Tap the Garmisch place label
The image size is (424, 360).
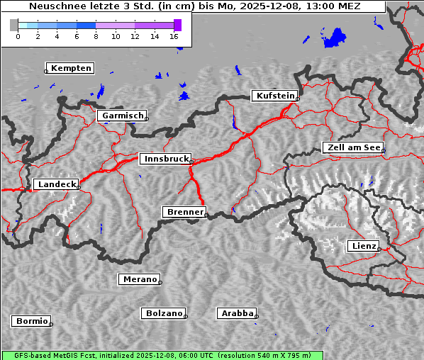click(x=123, y=116)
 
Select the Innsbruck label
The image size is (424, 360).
click(x=165, y=159)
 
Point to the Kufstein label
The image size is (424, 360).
click(x=275, y=96)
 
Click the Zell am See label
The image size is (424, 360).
click(x=352, y=147)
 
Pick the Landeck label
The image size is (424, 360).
click(x=55, y=184)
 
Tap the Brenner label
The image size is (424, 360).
click(x=184, y=212)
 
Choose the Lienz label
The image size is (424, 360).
click(x=364, y=246)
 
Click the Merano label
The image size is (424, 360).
click(x=139, y=279)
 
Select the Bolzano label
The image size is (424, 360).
click(x=164, y=313)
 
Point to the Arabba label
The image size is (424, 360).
click(x=237, y=313)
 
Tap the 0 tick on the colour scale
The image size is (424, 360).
click(x=18, y=35)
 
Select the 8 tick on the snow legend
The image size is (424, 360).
click(x=96, y=35)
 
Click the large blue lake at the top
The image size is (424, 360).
click(x=334, y=38)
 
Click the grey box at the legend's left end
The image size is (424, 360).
click(x=14, y=25)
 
